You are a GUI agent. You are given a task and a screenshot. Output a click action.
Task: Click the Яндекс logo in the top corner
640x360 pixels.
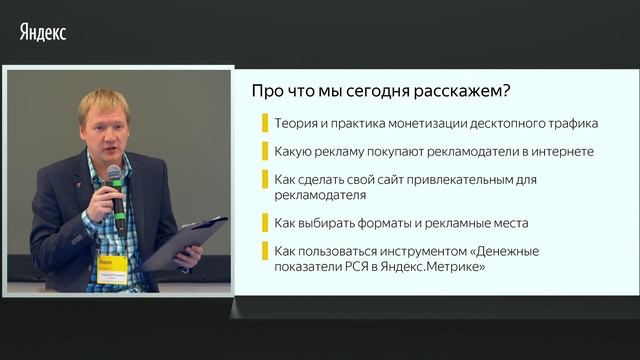[42, 32]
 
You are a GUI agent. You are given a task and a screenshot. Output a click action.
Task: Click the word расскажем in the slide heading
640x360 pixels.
[463, 91]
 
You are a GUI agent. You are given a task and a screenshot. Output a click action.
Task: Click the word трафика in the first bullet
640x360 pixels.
[570, 124]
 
